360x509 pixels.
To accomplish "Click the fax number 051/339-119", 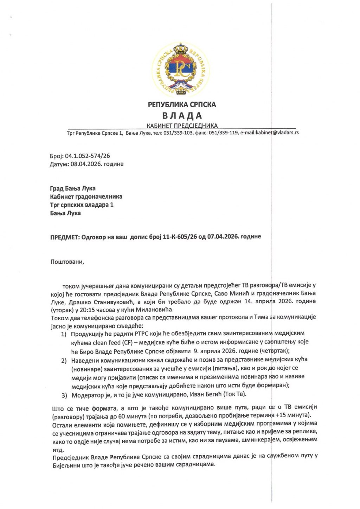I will pos(224,133).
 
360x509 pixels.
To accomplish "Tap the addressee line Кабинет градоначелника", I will pos(86,196).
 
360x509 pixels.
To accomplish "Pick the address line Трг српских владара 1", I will pos(82,205).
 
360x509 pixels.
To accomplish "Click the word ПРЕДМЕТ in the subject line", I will pos(65,237).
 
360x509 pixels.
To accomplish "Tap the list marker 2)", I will pos(64,361).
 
